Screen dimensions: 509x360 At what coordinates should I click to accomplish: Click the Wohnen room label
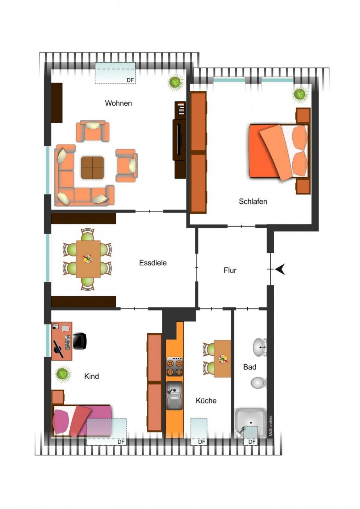click(x=118, y=104)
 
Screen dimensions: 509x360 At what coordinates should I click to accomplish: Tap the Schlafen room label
click(x=253, y=202)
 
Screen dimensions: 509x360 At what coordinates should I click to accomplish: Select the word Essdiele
click(x=153, y=263)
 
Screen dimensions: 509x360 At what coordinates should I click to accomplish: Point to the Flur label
click(x=230, y=270)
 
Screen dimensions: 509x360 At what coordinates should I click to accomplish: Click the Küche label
click(x=206, y=401)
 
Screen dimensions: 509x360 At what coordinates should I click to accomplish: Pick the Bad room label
click(x=250, y=367)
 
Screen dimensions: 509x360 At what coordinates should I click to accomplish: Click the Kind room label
click(x=92, y=376)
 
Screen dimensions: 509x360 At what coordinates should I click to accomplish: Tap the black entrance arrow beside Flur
click(x=280, y=269)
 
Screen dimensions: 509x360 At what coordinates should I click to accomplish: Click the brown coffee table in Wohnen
click(x=93, y=168)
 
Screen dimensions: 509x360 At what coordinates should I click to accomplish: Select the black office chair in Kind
click(x=79, y=341)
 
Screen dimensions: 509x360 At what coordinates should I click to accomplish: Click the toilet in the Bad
click(x=258, y=382)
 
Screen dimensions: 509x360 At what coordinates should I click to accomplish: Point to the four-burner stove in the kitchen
click(x=175, y=367)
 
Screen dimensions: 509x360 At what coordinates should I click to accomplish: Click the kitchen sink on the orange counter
click(x=175, y=395)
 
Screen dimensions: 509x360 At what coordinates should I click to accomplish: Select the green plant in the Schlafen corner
click(x=300, y=94)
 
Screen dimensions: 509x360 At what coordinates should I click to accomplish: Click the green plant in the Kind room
click(x=63, y=374)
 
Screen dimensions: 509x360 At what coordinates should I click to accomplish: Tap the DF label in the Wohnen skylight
click(x=130, y=80)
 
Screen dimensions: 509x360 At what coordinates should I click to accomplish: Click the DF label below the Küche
click(x=202, y=442)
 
